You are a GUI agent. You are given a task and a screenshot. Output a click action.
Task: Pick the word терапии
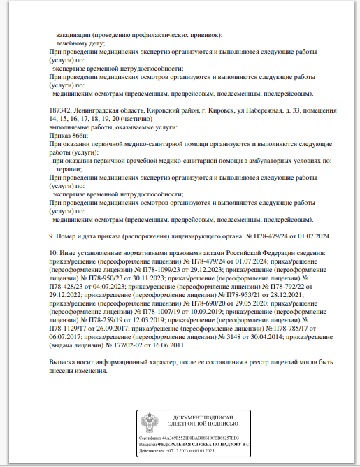(69, 169)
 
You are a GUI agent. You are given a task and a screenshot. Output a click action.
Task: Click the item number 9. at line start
(51, 236)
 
